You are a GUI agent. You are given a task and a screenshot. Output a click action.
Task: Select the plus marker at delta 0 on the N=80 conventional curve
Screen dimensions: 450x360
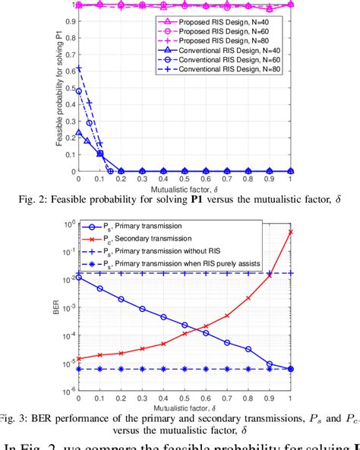tap(79, 68)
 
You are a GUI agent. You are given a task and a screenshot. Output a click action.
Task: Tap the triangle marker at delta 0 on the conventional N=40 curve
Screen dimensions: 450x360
tap(79, 133)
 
